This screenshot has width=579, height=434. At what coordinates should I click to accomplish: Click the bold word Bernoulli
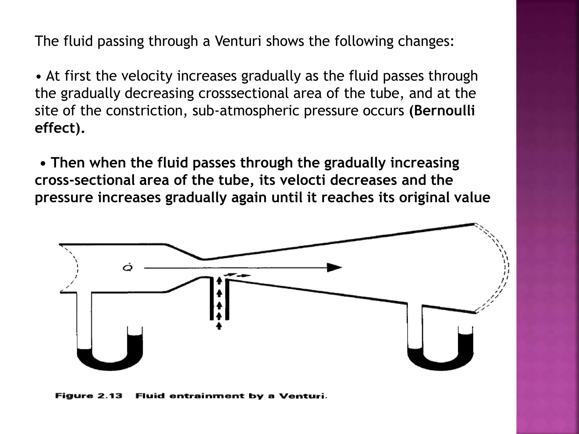(442, 111)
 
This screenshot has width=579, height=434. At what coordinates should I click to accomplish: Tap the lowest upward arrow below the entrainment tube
(219, 326)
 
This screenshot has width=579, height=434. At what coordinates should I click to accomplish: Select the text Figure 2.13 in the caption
(89, 396)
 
